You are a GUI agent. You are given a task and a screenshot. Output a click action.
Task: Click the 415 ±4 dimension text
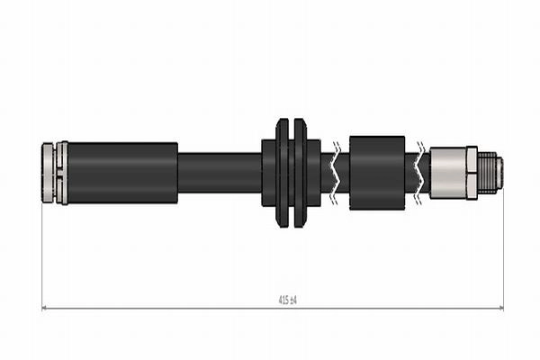click(x=287, y=300)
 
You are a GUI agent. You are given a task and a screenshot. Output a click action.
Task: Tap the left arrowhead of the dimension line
click(x=44, y=308)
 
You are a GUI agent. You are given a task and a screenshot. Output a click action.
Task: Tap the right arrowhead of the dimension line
click(x=501, y=308)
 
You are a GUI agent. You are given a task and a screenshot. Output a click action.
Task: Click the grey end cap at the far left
click(x=48, y=173)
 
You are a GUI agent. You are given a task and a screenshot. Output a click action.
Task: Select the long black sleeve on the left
click(x=122, y=173)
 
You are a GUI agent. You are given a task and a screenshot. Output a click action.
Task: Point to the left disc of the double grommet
click(x=283, y=173)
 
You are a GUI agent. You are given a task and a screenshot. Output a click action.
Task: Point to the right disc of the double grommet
click(x=300, y=173)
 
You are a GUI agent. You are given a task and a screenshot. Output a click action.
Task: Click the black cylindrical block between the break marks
click(x=377, y=173)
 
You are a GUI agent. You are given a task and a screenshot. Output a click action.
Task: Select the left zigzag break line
click(x=336, y=173)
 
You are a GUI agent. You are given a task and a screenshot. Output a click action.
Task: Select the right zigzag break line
click(x=419, y=173)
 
